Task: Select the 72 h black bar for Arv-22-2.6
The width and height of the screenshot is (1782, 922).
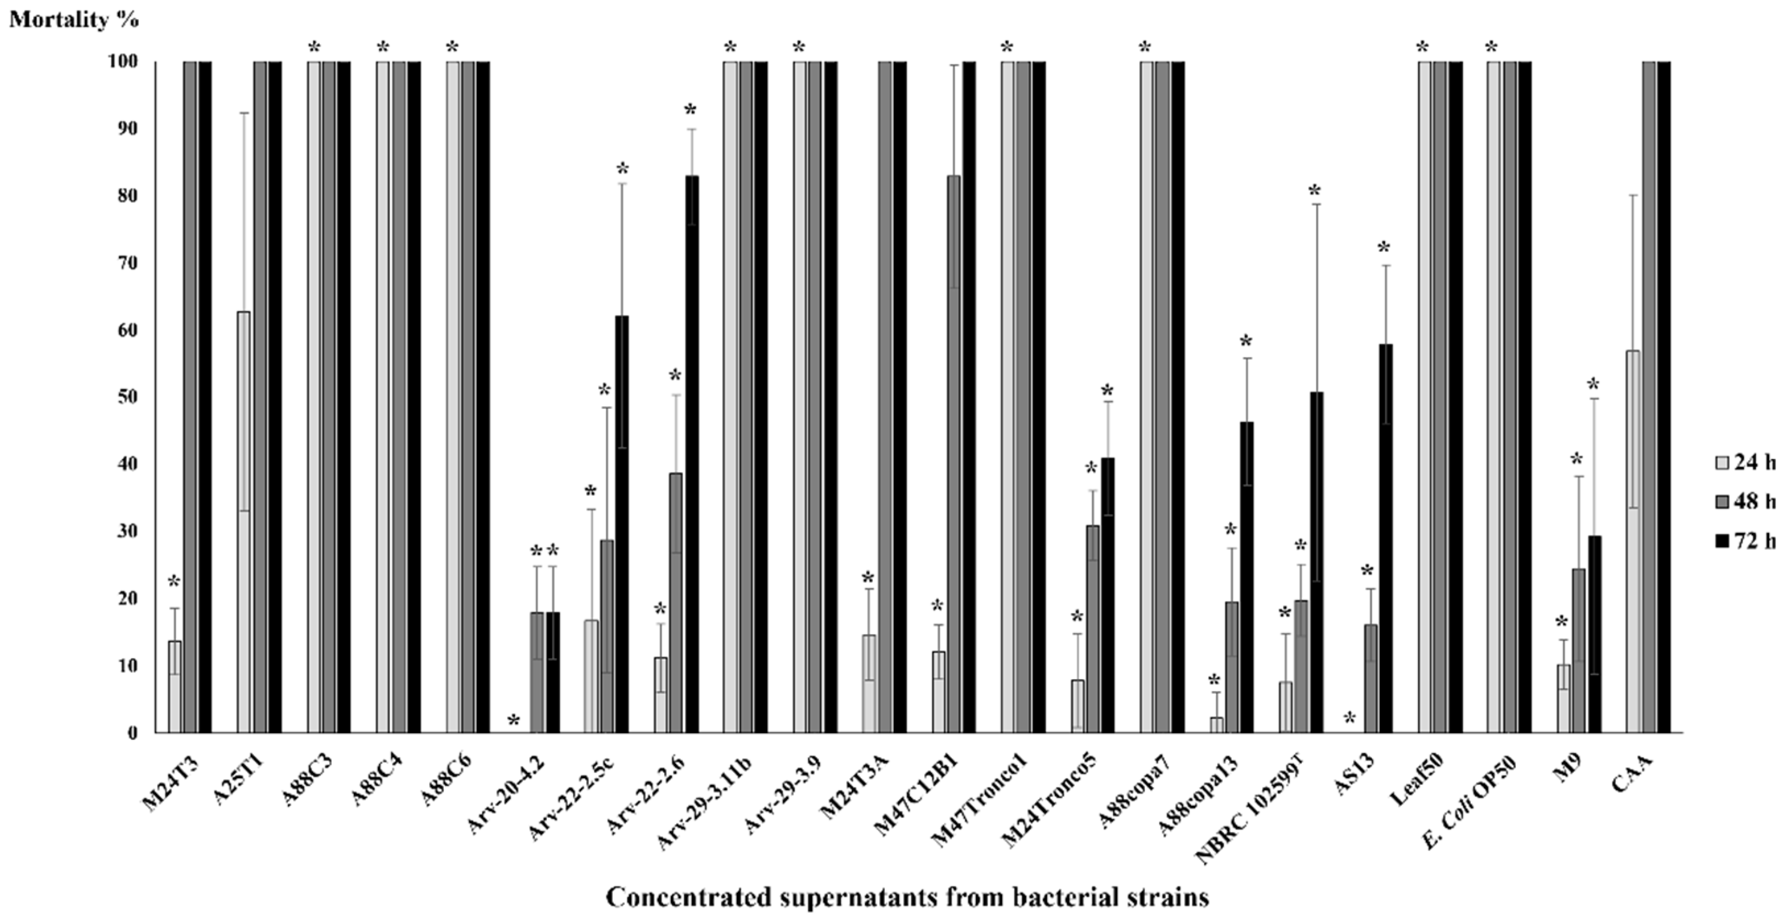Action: (x=691, y=454)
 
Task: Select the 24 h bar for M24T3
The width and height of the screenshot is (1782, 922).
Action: (x=174, y=686)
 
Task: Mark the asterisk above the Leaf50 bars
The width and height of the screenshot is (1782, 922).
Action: (x=1422, y=48)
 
